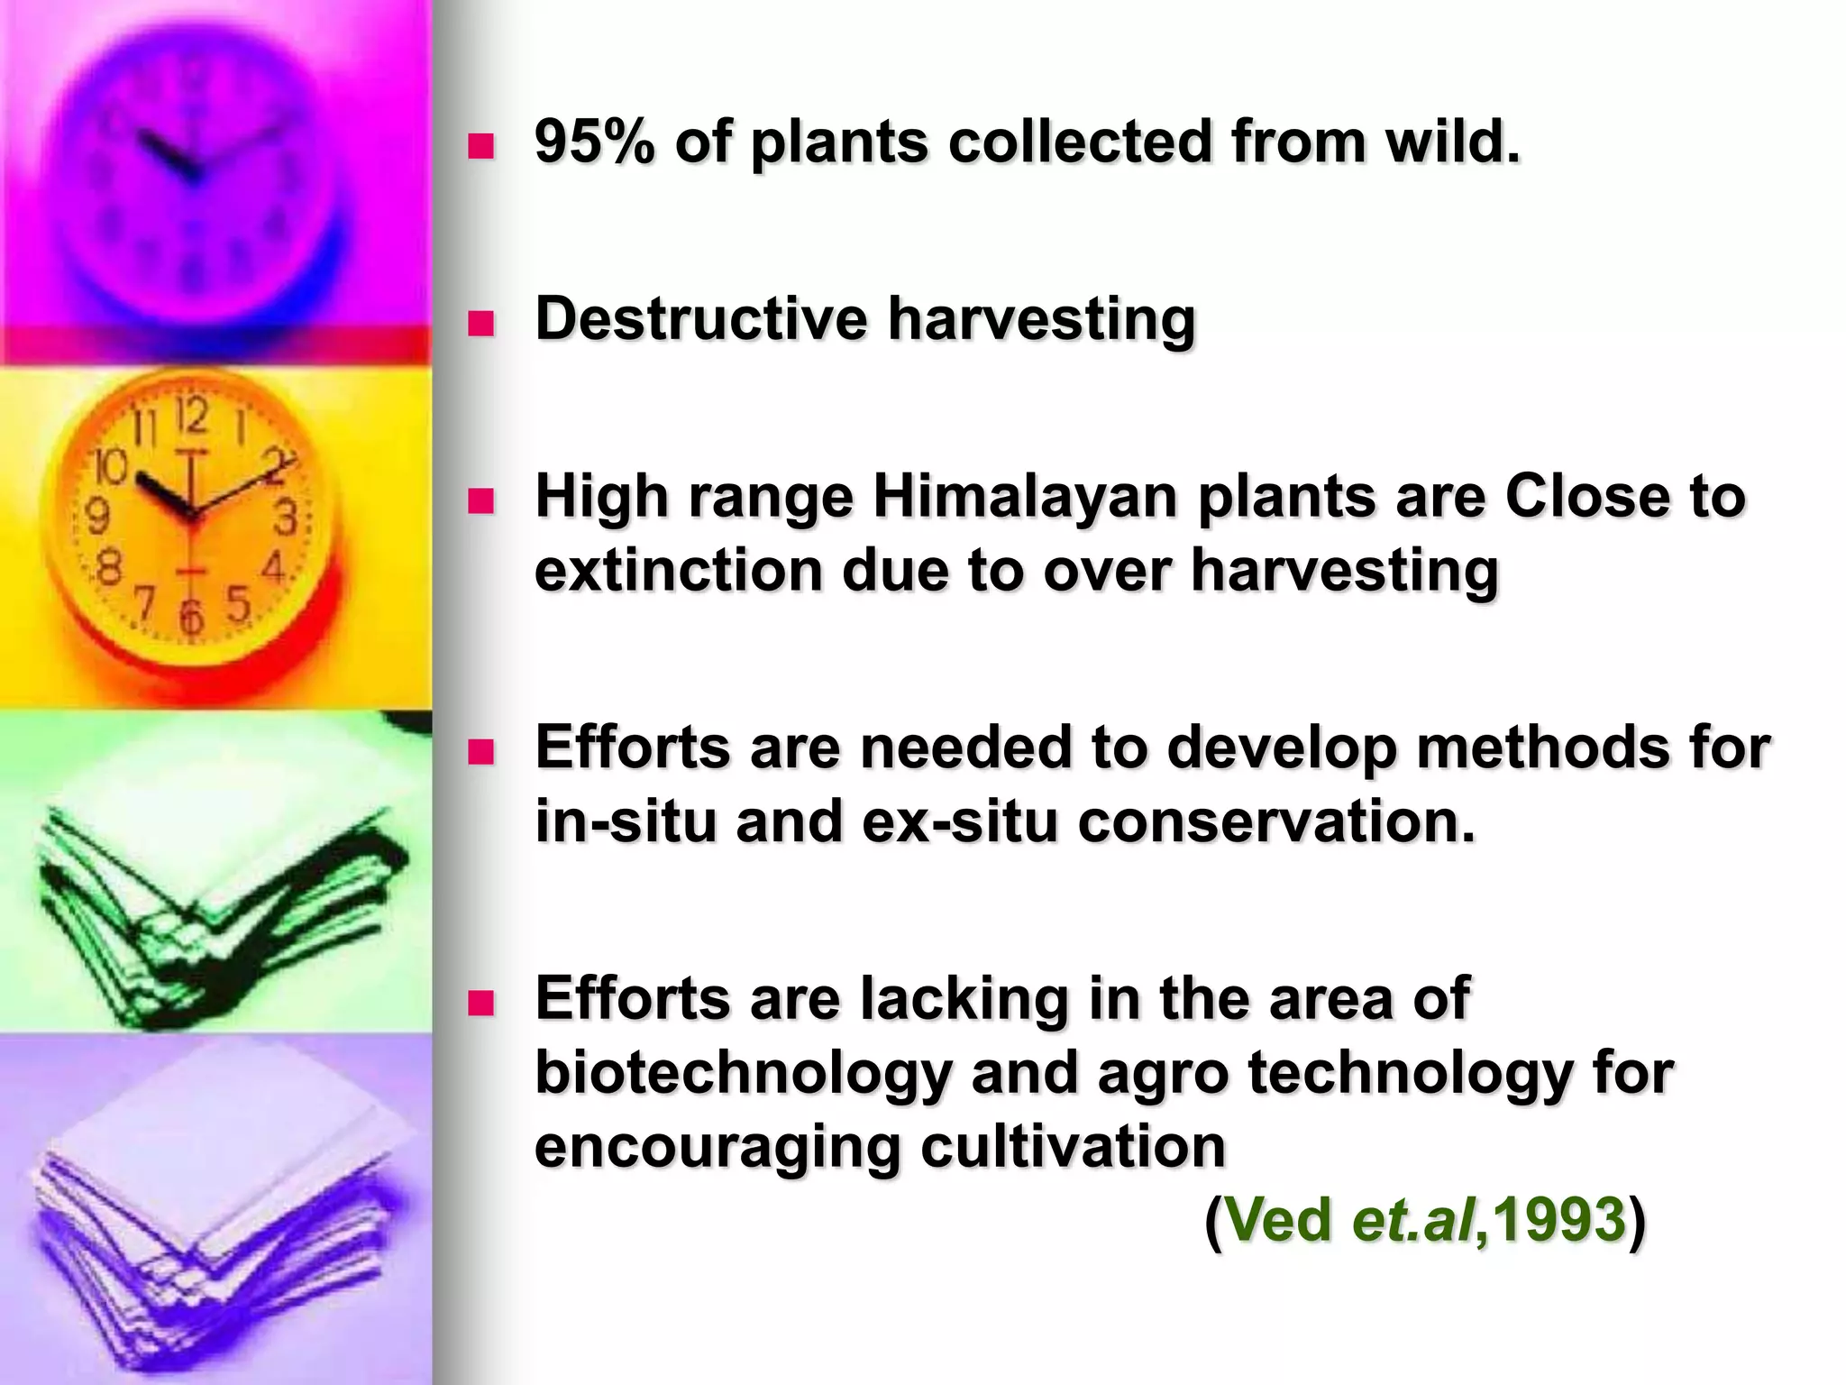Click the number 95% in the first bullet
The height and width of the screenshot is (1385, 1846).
[593, 142]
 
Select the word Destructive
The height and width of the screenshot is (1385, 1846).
[699, 319]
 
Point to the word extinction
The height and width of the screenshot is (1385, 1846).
[678, 571]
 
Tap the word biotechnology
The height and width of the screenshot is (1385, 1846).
[743, 1073]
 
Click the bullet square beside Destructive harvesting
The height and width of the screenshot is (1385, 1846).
[482, 323]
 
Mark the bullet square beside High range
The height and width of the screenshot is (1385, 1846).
[482, 500]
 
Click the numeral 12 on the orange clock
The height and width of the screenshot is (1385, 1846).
[192, 417]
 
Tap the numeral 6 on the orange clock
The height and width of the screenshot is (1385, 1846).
[191, 618]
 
